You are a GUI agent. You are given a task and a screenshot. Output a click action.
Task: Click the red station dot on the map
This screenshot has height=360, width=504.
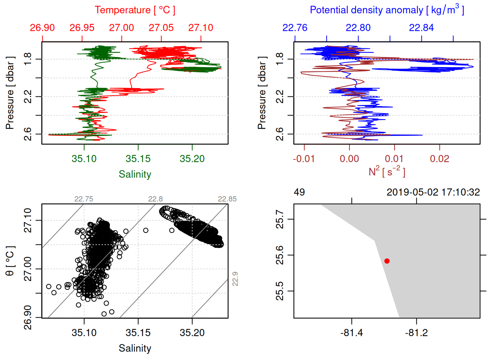click(387, 261)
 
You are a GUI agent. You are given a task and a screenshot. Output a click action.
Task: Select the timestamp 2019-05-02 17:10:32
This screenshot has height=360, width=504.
click(433, 192)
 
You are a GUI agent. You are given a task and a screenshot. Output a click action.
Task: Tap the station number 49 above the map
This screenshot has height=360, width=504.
click(299, 192)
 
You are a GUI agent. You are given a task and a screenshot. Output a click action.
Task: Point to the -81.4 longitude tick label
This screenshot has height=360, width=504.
click(351, 333)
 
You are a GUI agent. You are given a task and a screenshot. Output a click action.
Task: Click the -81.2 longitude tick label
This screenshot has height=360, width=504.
click(416, 333)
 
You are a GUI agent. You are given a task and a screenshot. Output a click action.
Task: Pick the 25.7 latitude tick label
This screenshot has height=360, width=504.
click(280, 219)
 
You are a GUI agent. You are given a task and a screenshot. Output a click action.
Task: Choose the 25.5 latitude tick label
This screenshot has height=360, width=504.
click(280, 291)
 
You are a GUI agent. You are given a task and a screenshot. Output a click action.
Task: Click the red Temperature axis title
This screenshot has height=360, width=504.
click(135, 10)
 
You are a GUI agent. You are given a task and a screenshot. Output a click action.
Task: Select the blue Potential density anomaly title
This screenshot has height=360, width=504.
click(387, 10)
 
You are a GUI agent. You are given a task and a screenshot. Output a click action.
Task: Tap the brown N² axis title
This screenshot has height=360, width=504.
click(387, 172)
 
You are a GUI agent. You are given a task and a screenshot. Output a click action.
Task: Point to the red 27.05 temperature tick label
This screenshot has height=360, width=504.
click(161, 28)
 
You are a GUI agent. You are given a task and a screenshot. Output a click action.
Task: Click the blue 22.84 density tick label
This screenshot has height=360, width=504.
click(421, 28)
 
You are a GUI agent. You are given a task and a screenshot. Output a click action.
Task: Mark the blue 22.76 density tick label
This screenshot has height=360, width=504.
click(295, 28)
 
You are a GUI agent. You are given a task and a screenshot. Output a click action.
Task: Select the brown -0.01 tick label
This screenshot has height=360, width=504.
click(304, 159)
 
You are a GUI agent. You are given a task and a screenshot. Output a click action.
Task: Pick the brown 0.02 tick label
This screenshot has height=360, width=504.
click(439, 159)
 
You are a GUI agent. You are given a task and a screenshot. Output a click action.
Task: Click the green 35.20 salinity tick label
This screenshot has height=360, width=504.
click(192, 159)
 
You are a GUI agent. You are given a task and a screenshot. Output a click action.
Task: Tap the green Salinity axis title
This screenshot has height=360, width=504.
click(135, 174)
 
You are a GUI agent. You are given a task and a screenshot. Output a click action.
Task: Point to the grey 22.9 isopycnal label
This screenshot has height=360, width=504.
click(235, 279)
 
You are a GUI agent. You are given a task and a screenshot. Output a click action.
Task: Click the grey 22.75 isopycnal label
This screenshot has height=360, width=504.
click(84, 199)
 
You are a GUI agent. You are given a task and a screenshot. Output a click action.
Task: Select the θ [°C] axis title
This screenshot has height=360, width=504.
click(10, 261)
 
